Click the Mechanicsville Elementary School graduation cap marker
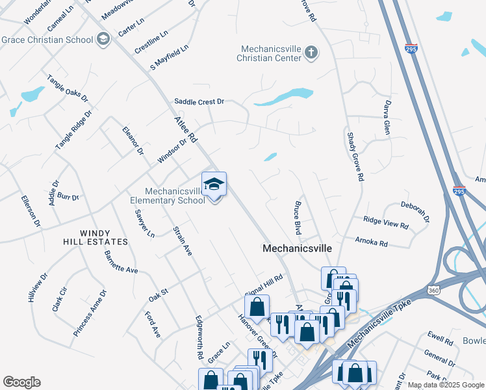pyautogui.click(x=214, y=185)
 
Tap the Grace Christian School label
pyautogui.click(x=47, y=40)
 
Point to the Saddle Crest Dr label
pyautogui.click(x=199, y=101)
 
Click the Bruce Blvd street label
pyautogui.click(x=298, y=218)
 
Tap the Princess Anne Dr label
pyautogui.click(x=87, y=313)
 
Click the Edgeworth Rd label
pyautogui.click(x=199, y=338)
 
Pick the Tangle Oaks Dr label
pyautogui.click(x=67, y=87)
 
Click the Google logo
pyautogui.click(x=21, y=382)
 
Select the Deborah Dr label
pyautogui.click(x=415, y=211)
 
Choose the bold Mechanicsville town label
pyautogui.click(x=297, y=248)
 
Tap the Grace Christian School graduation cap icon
pyautogui.click(x=103, y=40)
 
